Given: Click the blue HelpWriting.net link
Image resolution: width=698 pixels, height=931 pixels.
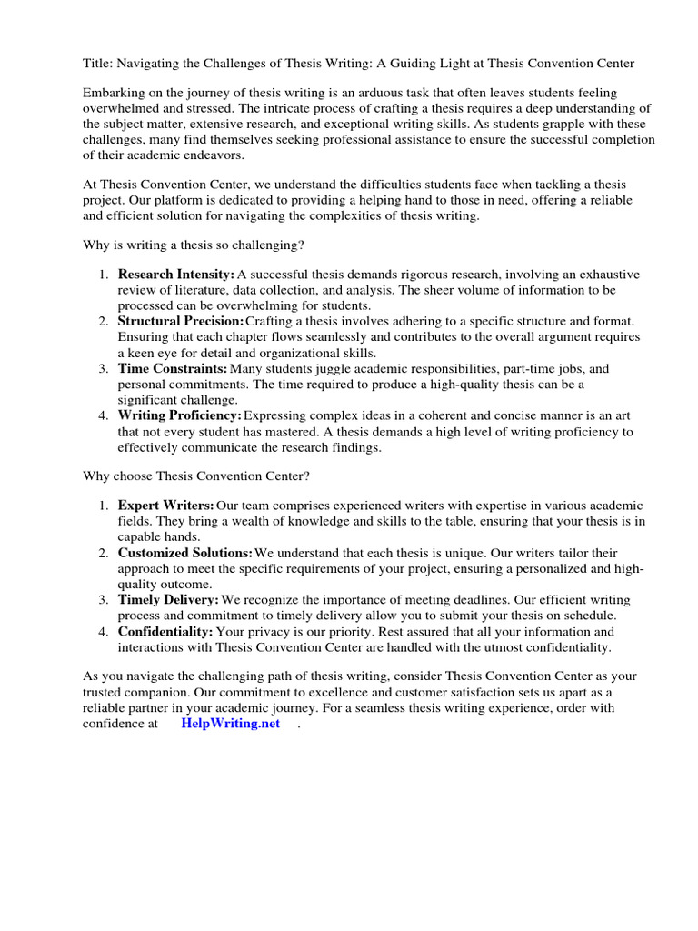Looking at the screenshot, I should pos(230,724).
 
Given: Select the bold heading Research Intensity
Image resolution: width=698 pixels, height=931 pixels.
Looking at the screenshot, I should pos(176,275).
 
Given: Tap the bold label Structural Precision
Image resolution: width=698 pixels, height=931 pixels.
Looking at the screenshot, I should pos(180,322).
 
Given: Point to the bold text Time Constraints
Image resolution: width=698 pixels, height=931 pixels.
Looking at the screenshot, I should pos(173,369).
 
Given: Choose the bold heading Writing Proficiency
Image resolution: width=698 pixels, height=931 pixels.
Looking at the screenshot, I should pos(179,416).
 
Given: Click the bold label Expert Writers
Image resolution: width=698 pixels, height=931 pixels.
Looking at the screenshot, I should pos(166,505).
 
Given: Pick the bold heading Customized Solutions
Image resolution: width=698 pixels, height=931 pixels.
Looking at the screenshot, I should pos(185,553).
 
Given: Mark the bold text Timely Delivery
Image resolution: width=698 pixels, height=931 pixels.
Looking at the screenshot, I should pos(168,600).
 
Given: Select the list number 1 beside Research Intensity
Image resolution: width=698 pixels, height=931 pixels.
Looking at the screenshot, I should pos(104,275).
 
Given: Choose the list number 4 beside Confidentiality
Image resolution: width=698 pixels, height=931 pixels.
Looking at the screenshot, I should pos(104,631).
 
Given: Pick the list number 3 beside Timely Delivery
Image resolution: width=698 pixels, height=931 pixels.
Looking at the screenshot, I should pos(104,600).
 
